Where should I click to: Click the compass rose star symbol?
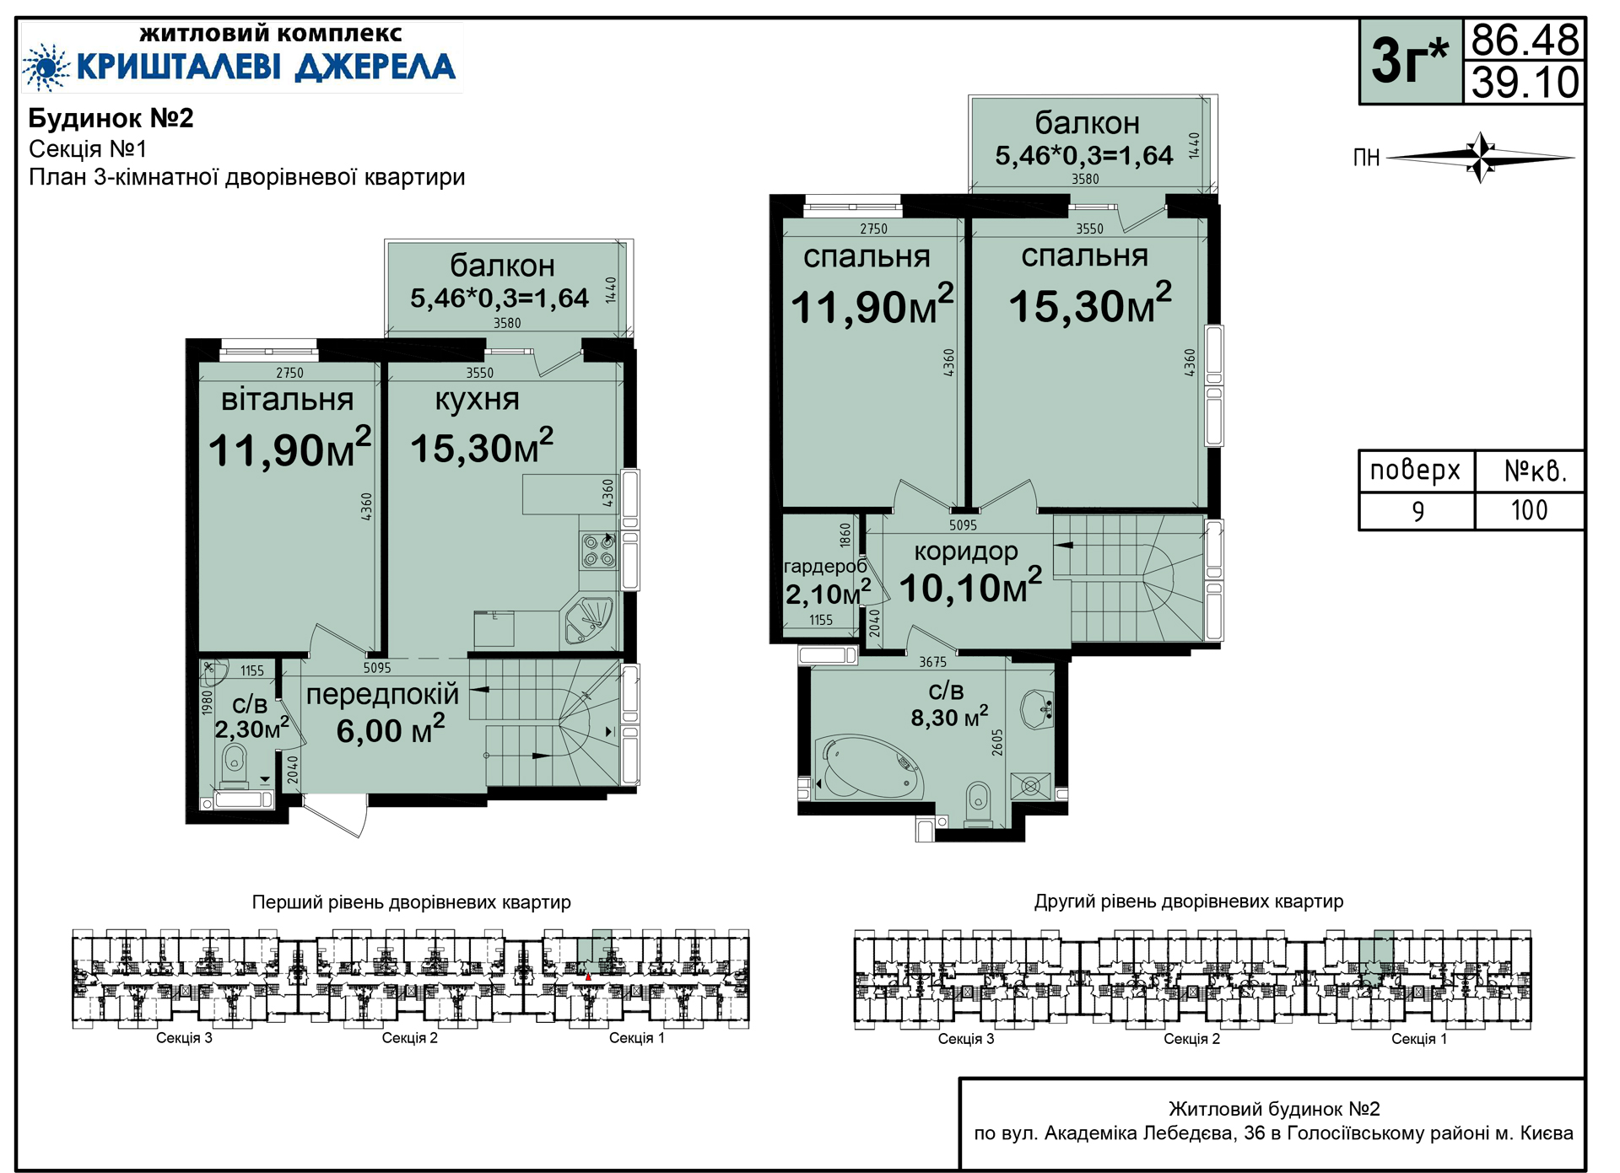click(x=1482, y=157)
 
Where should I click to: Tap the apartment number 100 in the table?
click(x=1529, y=510)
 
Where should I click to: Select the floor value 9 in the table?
click(x=1417, y=511)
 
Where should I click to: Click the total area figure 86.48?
click(x=1525, y=40)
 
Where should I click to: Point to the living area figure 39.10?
click(x=1525, y=83)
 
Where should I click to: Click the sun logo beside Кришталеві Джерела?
click(x=46, y=67)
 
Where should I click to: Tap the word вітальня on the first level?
click(x=287, y=400)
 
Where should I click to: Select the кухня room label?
click(x=477, y=401)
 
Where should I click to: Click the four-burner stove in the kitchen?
click(x=598, y=550)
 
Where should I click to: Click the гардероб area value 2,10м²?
click(x=828, y=593)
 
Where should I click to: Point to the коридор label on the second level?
click(x=966, y=552)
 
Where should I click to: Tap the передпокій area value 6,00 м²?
click(x=390, y=729)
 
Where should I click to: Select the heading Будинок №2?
click(x=111, y=118)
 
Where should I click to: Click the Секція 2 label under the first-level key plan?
click(x=410, y=1038)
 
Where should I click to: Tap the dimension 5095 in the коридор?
click(x=963, y=525)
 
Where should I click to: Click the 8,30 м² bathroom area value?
click(x=949, y=717)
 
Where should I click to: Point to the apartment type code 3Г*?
click(x=1409, y=61)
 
